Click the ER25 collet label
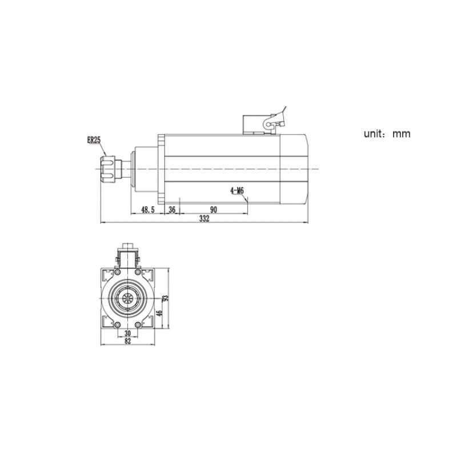pyautogui.click(x=94, y=140)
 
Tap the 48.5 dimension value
pyautogui.click(x=148, y=210)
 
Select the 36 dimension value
pyautogui.click(x=173, y=210)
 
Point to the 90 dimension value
pyautogui.click(x=214, y=210)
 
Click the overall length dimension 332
pyautogui.click(x=205, y=219)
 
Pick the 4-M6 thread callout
pyautogui.click(x=237, y=191)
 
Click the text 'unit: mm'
pyautogui.click(x=387, y=134)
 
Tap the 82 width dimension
pyautogui.click(x=127, y=341)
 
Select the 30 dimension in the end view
pyautogui.click(x=127, y=333)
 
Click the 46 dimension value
pyautogui.click(x=159, y=314)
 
